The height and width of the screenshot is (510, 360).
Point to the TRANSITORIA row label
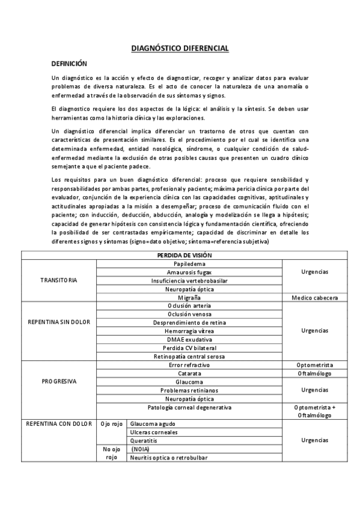[x=59, y=281]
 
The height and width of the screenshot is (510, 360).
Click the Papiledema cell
[x=189, y=264]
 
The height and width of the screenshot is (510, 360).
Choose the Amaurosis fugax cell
[x=189, y=272]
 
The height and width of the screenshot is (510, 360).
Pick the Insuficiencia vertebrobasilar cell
[x=189, y=281]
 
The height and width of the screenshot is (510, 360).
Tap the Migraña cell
[x=189, y=298]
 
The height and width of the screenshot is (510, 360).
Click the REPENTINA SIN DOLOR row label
[x=59, y=322]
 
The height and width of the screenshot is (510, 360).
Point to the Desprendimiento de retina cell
[x=189, y=323]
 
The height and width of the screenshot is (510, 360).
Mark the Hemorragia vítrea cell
[x=189, y=331]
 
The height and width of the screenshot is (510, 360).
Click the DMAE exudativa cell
[x=189, y=340]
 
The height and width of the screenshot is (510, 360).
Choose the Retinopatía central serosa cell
[x=189, y=357]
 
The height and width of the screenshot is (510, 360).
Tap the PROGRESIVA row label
[x=59, y=382]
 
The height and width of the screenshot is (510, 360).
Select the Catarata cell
[x=189, y=373]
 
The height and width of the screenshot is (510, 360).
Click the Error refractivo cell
[x=189, y=365]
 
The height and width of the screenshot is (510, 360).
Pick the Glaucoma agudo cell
[x=152, y=423]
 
